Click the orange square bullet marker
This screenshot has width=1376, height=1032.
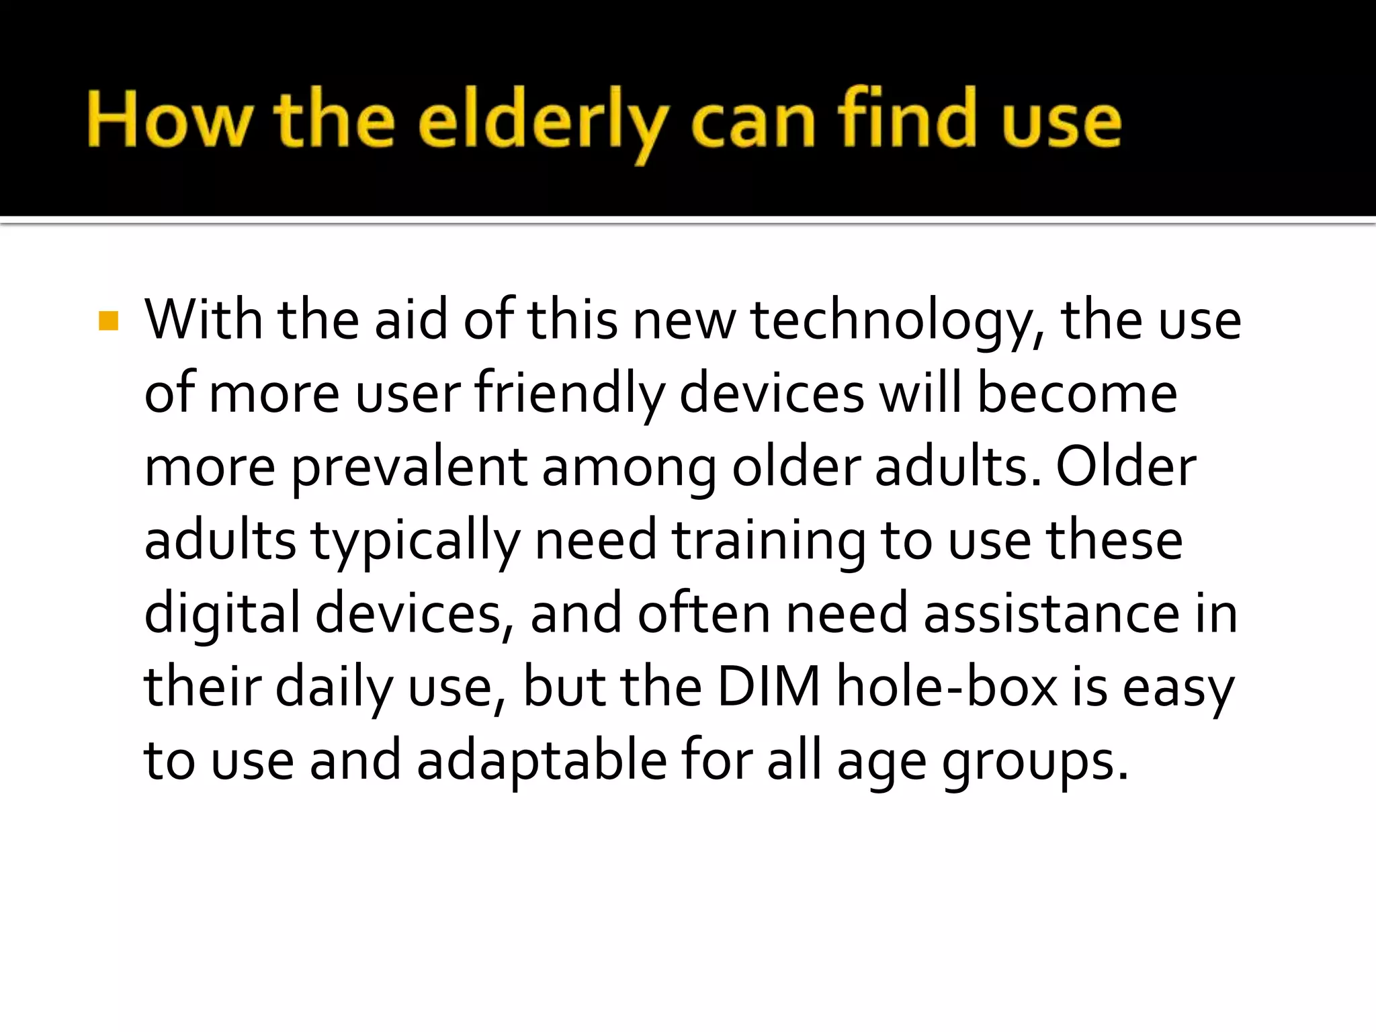[108, 321]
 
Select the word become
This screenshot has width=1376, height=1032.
[1076, 394]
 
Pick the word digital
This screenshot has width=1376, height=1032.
[222, 615]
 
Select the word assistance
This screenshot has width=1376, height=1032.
[1051, 614]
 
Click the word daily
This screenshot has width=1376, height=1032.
[333, 689]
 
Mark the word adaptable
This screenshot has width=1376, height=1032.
[542, 762]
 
